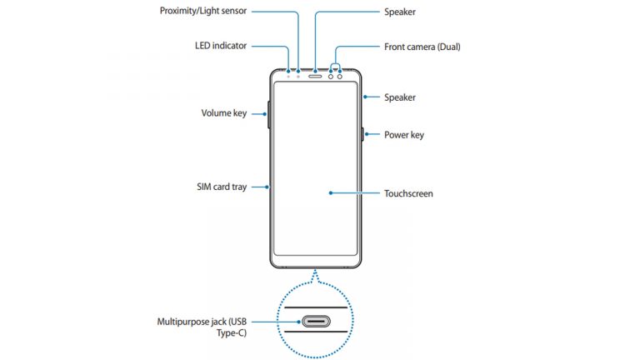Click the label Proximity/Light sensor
pos(202,12)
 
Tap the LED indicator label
pos(215,46)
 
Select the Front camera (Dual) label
pos(422,47)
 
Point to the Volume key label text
pos(223,112)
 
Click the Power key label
pos(404,134)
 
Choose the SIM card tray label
pos(216,187)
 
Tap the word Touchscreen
pos(408,193)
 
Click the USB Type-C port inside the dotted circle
pos(317,321)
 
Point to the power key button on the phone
pos(364,134)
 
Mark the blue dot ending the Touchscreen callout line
pos(331,193)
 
